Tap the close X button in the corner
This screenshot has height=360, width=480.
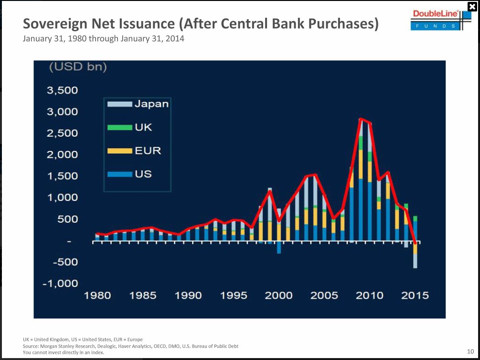[472, 6]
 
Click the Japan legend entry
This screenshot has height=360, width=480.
[138, 104]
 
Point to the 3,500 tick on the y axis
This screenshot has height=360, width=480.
[62, 90]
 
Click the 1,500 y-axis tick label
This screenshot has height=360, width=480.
[62, 176]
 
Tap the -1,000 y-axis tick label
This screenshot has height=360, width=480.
[61, 284]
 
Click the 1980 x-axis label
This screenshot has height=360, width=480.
[97, 295]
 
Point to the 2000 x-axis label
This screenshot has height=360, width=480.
[279, 295]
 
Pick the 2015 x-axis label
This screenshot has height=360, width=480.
[415, 295]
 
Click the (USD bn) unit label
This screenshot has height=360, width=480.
[78, 67]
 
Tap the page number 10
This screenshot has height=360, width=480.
[470, 351]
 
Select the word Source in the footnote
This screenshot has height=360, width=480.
[31, 346]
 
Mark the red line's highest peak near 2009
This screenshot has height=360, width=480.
[361, 119]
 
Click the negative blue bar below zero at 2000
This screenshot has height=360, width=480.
[279, 248]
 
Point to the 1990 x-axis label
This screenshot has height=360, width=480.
[188, 295]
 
